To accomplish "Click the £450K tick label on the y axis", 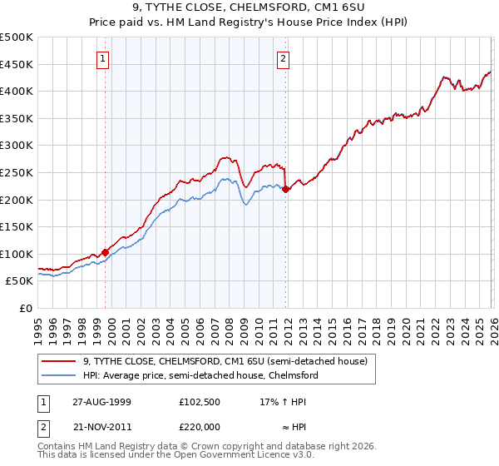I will (x=17, y=64).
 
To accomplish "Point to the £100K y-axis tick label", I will (x=17, y=254).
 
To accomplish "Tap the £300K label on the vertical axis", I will (x=17, y=146).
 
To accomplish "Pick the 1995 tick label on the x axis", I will (x=38, y=324).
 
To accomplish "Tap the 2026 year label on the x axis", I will (x=491, y=324).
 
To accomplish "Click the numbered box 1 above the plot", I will (x=102, y=58).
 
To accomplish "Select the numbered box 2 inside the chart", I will (x=284, y=58).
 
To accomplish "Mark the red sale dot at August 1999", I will (x=106, y=252).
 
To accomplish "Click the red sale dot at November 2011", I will (x=285, y=189).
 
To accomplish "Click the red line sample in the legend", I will (x=60, y=361).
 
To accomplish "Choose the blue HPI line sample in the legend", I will (x=60, y=375).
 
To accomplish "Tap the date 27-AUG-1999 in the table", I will (x=102, y=401).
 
